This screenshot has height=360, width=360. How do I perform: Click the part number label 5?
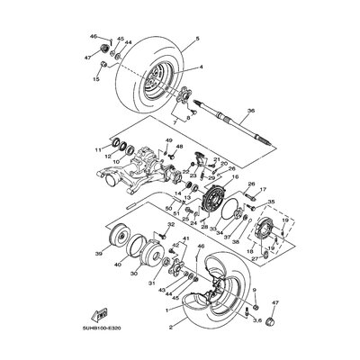click(x=185, y=38)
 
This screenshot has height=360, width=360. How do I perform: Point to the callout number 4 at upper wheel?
click(x=188, y=67)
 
